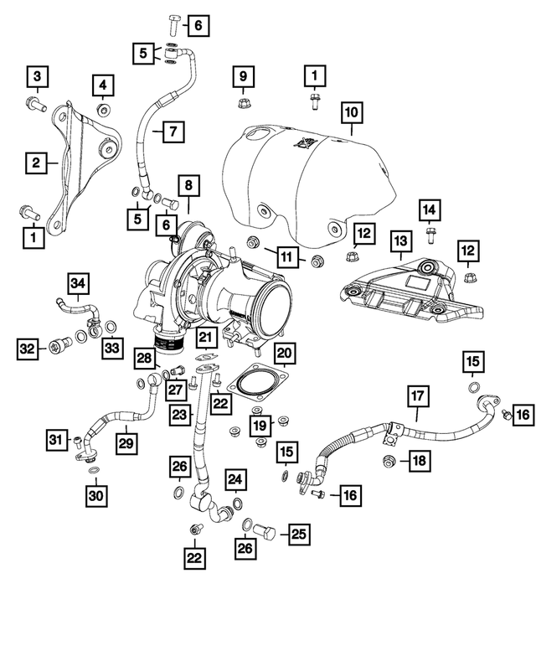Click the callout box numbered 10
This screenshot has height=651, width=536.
[351, 111]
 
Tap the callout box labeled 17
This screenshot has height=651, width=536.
[418, 395]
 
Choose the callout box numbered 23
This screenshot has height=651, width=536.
[179, 415]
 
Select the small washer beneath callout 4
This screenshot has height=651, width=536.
[104, 111]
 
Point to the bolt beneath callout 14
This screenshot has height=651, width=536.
[430, 230]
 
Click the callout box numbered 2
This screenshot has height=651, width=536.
[35, 163]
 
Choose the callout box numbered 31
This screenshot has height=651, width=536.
[55, 438]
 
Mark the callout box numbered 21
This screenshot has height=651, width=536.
[207, 338]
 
